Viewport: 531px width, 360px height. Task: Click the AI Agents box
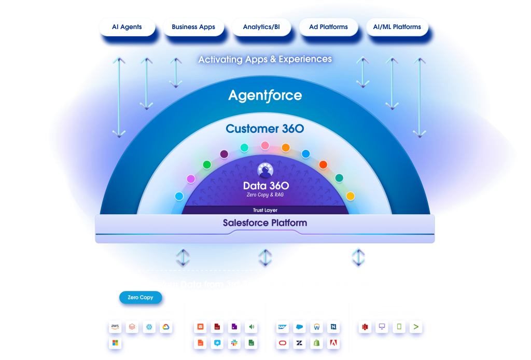click(x=127, y=27)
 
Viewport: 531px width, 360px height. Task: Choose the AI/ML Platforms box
click(x=397, y=27)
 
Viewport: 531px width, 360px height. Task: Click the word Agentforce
click(x=265, y=95)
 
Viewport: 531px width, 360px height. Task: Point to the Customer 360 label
click(x=264, y=129)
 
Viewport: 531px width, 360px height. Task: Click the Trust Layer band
click(x=264, y=210)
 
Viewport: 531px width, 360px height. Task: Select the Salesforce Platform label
click(x=264, y=223)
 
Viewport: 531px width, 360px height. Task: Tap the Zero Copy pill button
click(x=140, y=298)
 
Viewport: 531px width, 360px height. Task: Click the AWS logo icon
click(x=115, y=327)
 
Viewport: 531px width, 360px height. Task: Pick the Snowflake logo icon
click(x=149, y=327)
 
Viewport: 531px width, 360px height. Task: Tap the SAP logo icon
click(x=283, y=327)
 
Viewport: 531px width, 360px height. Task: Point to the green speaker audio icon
click(x=251, y=327)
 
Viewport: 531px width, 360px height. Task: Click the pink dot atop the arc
click(x=265, y=145)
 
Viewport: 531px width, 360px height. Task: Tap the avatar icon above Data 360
click(x=265, y=170)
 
